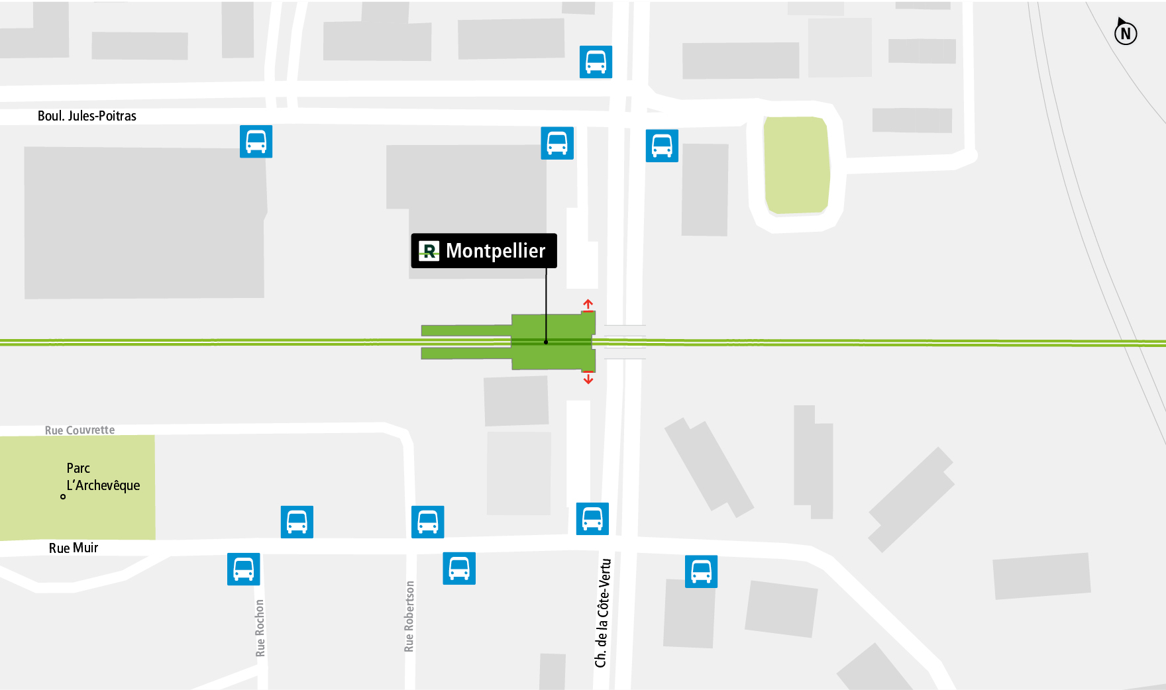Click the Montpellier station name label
(495, 251)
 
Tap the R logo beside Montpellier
(429, 251)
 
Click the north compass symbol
(1125, 32)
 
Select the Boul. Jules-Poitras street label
(87, 116)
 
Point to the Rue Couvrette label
(79, 430)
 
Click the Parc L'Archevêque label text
(103, 477)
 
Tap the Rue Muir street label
(74, 548)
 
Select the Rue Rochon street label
(260, 628)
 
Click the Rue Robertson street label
(409, 616)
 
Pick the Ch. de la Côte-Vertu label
(602, 613)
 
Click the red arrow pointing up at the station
(588, 305)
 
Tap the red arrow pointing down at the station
(588, 378)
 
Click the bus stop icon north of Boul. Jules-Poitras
(596, 62)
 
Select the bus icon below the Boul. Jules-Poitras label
(256, 142)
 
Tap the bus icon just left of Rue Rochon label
(243, 569)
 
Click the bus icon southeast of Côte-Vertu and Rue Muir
(701, 571)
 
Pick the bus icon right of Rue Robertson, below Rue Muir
(459, 568)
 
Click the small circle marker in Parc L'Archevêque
(63, 497)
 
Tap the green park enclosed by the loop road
(796, 166)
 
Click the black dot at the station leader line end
(546, 342)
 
